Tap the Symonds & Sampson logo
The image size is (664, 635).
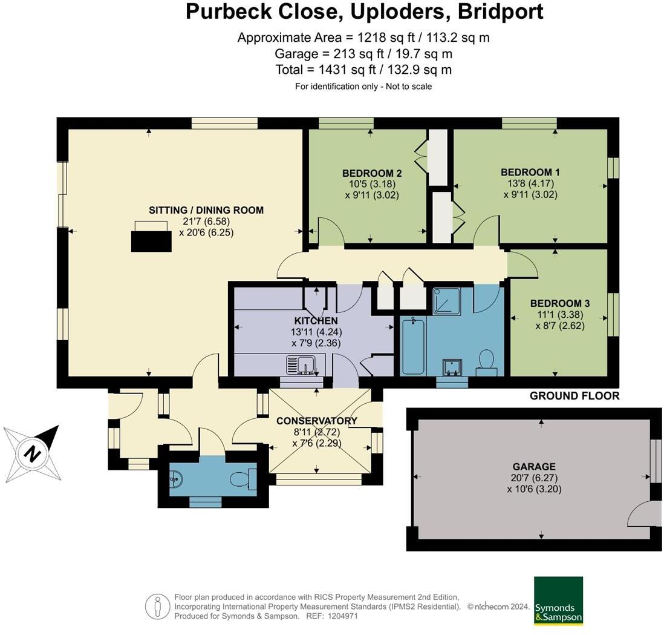tap(558, 600)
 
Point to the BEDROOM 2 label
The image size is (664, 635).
tap(372, 173)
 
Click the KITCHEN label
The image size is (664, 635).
tap(316, 320)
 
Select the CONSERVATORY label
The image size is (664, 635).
tap(317, 421)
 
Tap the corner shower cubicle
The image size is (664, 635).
tap(446, 301)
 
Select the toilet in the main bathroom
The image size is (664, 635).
tap(486, 361)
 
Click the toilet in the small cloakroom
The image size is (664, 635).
tap(247, 479)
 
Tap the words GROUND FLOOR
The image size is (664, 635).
tap(574, 396)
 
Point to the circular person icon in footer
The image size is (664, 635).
tap(157, 606)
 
